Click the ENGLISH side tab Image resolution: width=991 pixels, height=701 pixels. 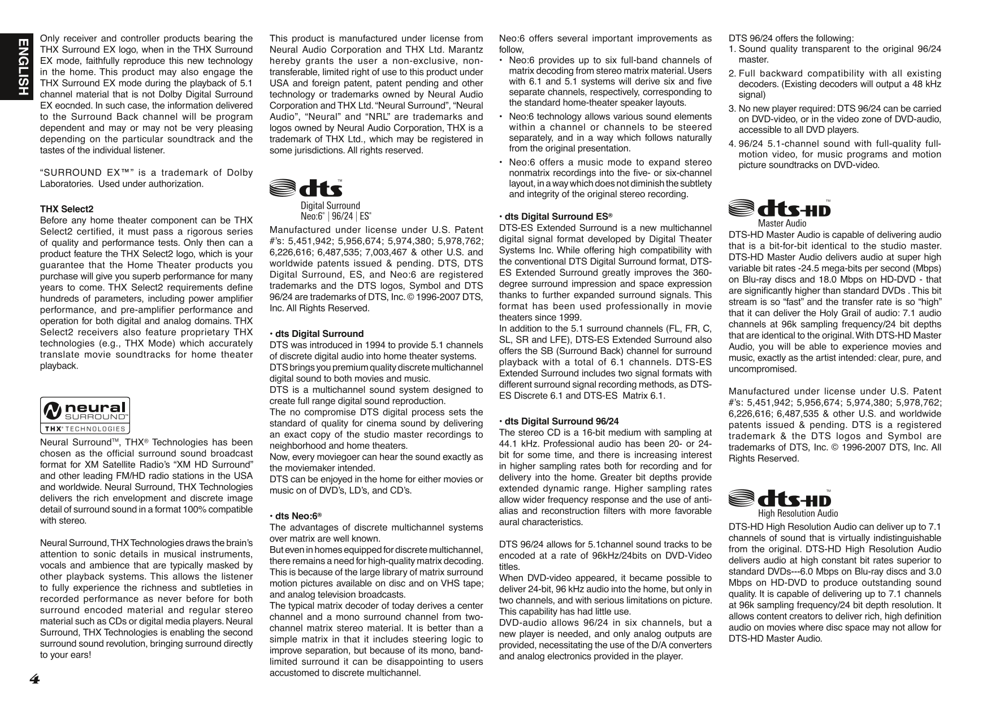click(x=23, y=67)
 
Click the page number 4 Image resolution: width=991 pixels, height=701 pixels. click(x=34, y=679)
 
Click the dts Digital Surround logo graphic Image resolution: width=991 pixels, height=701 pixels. click(x=305, y=188)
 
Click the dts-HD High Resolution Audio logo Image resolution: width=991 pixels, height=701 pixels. click(x=780, y=499)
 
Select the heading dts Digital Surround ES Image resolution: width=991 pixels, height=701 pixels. click(x=556, y=217)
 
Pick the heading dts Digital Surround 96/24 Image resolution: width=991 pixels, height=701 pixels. click(x=559, y=421)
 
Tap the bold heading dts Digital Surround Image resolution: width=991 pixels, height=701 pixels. click(x=317, y=334)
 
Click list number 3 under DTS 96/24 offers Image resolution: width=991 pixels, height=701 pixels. click(x=732, y=109)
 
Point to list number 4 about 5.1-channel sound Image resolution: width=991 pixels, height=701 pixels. click(x=732, y=144)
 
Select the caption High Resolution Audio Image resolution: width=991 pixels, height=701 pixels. click(x=798, y=513)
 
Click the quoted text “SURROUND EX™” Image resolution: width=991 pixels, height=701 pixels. click(x=85, y=173)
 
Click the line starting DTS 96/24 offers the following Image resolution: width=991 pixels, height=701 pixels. click(x=791, y=38)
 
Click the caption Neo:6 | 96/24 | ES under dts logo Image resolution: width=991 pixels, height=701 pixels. click(x=336, y=216)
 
